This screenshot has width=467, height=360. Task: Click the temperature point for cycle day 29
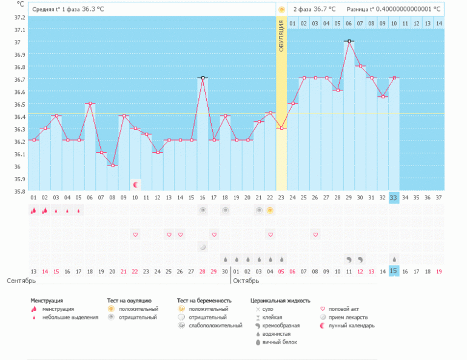point(348,41)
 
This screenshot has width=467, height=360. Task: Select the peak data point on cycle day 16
point(203,78)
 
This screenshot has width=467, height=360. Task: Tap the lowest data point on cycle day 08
point(113,165)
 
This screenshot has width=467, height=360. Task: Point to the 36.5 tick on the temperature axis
point(19,92)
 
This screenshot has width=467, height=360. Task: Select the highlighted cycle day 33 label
point(393,197)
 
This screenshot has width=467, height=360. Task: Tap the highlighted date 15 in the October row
point(393,270)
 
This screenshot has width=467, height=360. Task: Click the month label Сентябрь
point(21,281)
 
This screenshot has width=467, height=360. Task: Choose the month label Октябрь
point(246,281)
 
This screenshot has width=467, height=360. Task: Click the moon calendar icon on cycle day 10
point(136,184)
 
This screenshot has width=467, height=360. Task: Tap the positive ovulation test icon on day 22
point(270,210)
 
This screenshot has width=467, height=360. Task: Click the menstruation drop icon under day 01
point(33,210)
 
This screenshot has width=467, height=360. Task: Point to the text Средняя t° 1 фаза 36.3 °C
point(68,10)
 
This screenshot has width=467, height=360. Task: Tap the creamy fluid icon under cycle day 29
point(348,259)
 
